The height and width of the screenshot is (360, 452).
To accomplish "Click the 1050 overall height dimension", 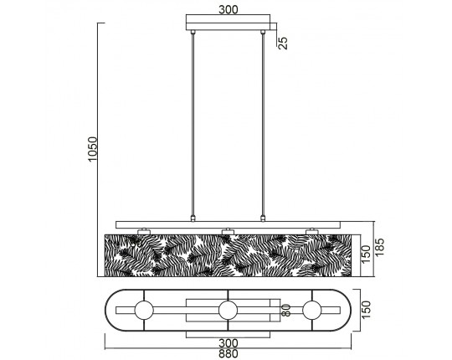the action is pyautogui.click(x=93, y=149).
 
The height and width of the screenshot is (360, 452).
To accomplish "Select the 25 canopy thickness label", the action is pyautogui.click(x=283, y=43).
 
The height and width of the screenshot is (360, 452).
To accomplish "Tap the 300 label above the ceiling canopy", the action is pyautogui.click(x=229, y=9).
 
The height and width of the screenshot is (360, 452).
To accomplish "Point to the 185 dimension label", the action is pyautogui.click(x=379, y=247).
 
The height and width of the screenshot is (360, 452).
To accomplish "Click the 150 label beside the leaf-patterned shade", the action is pyautogui.click(x=366, y=254).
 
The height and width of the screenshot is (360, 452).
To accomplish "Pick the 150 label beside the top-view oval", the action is pyautogui.click(x=366, y=310).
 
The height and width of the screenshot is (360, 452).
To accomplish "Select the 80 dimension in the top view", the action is pyautogui.click(x=286, y=311).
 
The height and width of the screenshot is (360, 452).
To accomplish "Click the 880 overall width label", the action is pyautogui.click(x=229, y=353).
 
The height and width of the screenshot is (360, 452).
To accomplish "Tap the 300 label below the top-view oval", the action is pyautogui.click(x=229, y=343).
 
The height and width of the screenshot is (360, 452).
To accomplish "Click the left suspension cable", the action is pyautogui.click(x=193, y=125).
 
